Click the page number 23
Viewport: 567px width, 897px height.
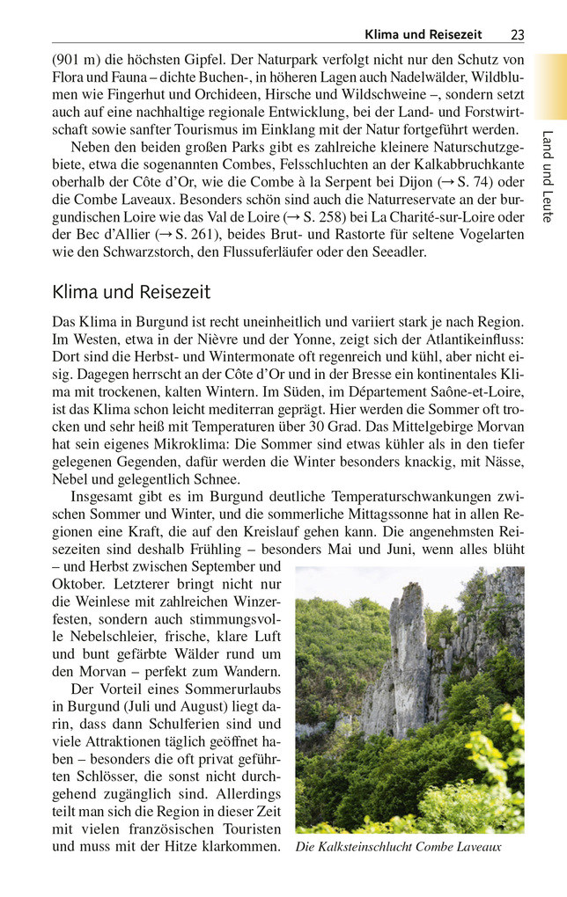pyautogui.click(x=517, y=34)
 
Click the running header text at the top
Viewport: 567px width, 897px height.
pyautogui.click(x=423, y=34)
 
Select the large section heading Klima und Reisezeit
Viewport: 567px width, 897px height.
pyautogui.click(x=131, y=291)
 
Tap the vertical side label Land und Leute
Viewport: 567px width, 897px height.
pyautogui.click(x=548, y=176)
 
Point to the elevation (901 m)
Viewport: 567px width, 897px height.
pyautogui.click(x=77, y=60)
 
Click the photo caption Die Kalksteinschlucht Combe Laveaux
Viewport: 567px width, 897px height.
pyautogui.click(x=398, y=847)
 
